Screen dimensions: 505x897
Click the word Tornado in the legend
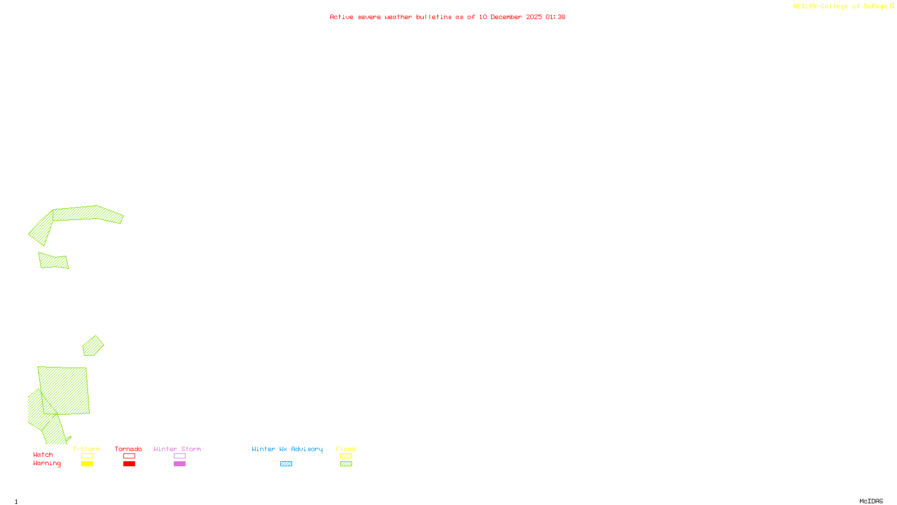[128, 449]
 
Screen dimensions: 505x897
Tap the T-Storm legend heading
[86, 449]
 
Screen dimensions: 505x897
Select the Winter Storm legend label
[177, 449]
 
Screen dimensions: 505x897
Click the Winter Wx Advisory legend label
[287, 449]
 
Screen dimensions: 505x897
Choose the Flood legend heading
[346, 449]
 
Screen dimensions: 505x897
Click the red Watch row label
[43, 454]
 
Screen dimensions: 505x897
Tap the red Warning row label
[47, 463]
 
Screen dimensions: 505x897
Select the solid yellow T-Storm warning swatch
[87, 464]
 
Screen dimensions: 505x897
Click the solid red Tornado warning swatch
[129, 464]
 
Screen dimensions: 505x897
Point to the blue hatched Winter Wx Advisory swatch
[286, 464]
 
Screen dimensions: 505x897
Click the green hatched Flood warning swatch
[346, 464]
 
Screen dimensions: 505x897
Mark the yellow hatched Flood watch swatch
[346, 456]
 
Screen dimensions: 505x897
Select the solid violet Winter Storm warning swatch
[179, 464]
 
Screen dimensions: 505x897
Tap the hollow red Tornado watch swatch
[129, 456]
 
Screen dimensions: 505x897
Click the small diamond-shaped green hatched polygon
[93, 346]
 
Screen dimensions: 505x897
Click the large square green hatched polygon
[64, 390]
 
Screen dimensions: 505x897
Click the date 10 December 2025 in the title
[510, 17]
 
